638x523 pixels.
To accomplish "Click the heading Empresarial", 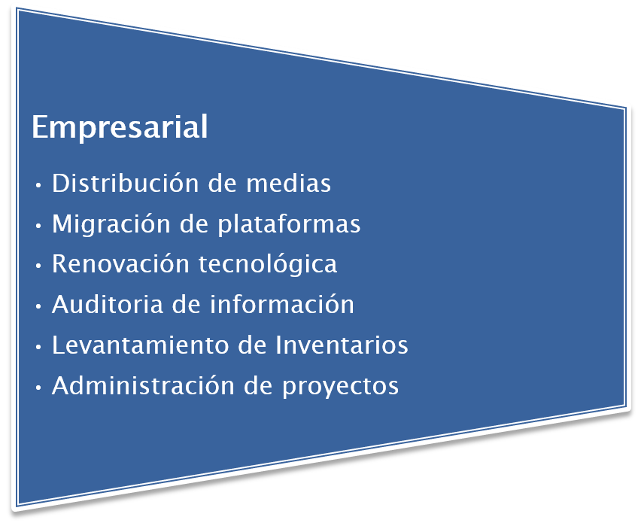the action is click(x=120, y=128).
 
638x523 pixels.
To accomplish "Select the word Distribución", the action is click(x=126, y=182).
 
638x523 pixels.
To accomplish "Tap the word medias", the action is click(x=288, y=182).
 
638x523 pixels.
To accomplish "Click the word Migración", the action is click(x=111, y=224).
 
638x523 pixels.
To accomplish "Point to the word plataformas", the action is click(x=290, y=224).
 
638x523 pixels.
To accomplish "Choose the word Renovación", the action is click(x=120, y=263).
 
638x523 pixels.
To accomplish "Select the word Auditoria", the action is click(x=108, y=304).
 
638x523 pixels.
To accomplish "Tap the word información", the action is click(x=282, y=304).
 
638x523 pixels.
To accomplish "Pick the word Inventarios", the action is click(x=342, y=345).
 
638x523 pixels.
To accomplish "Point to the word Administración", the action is click(x=143, y=385).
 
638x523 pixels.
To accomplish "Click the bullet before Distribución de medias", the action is click(x=38, y=186).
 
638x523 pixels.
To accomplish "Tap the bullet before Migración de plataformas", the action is click(x=38, y=226).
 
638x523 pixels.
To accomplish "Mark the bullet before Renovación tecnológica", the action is click(x=38, y=266).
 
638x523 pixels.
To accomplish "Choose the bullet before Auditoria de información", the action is click(x=38, y=306).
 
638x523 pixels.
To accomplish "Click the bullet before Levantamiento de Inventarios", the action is click(x=38, y=347).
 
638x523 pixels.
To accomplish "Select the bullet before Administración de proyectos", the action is click(x=38, y=388).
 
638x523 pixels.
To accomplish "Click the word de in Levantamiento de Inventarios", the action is click(x=252, y=345).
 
